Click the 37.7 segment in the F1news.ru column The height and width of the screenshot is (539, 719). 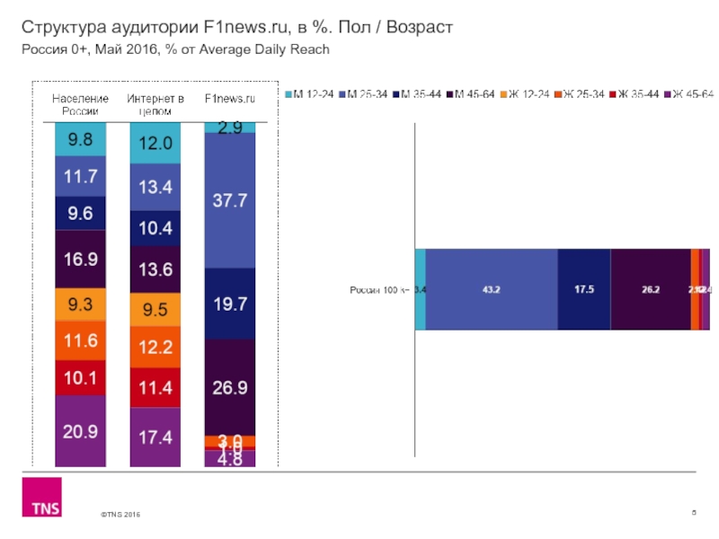coord(230,201)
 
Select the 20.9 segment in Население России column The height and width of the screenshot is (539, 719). coord(80,431)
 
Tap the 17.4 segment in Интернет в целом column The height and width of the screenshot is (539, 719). coord(155,437)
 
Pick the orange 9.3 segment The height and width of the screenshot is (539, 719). coord(80,305)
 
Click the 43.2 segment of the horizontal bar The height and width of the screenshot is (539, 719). coord(492,289)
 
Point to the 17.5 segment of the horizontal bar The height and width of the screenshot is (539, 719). coord(584,289)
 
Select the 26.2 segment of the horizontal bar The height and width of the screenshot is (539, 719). coord(651,289)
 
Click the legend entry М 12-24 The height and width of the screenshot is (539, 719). coord(312,94)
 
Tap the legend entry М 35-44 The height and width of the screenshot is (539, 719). coord(420,94)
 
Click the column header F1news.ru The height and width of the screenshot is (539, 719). coord(230,98)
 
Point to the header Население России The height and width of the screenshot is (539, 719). coord(80,104)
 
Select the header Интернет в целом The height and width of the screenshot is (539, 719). coord(155,104)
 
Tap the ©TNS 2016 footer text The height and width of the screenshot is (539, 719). coord(120,514)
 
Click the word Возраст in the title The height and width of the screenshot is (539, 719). coord(413,28)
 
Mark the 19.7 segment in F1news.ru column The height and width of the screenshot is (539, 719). coord(230,305)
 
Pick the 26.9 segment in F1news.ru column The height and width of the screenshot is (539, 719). coord(230,387)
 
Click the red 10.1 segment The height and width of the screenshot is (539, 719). coord(80,376)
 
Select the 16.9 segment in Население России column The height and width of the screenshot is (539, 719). coord(80,260)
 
